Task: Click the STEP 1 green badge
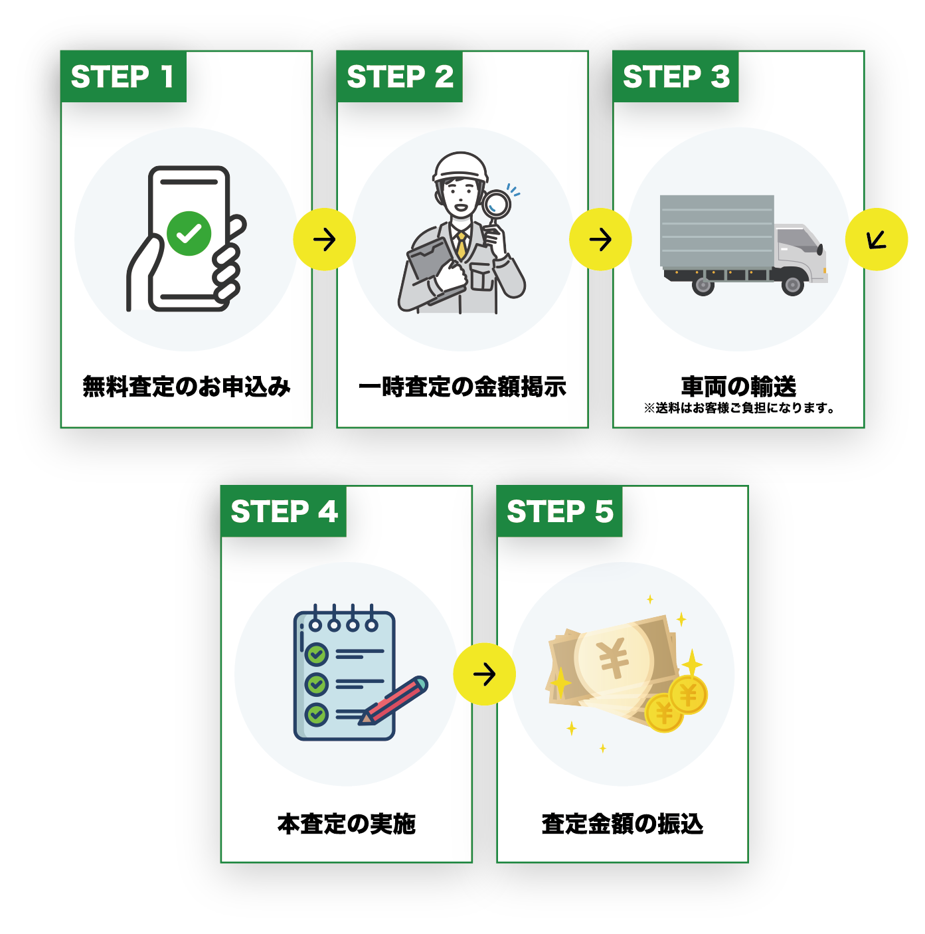pos(123,77)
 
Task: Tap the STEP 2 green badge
pos(399,77)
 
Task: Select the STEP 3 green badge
pos(675,77)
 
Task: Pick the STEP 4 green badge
pos(284,512)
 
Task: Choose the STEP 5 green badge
pos(559,512)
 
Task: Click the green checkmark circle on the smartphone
pos(189,233)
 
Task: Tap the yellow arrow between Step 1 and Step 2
pos(325,240)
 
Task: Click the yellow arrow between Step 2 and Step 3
pos(600,240)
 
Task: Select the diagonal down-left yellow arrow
pos(877,240)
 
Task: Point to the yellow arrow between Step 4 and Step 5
pos(484,674)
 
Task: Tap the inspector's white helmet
pos(460,166)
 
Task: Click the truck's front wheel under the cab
pos(792,286)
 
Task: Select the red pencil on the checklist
pos(396,700)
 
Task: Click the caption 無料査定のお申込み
pos(187,387)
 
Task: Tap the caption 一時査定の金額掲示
pos(462,387)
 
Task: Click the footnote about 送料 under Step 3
pos(738,408)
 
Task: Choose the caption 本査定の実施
pos(347,824)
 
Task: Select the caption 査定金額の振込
pos(622,824)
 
